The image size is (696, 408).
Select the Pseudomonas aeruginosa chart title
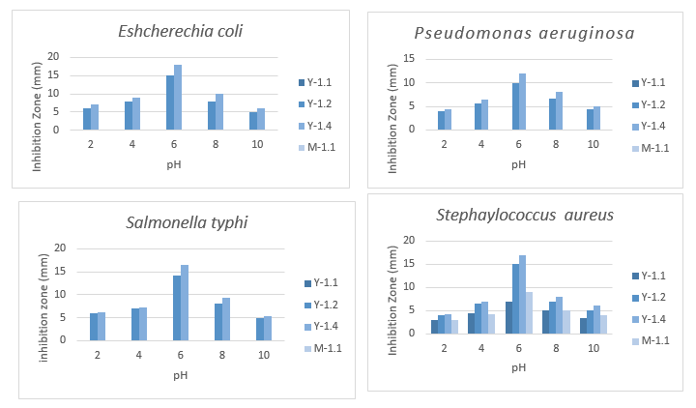coord(524,34)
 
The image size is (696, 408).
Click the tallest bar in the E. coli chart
coord(178,98)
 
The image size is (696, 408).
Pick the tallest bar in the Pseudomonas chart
coord(549,102)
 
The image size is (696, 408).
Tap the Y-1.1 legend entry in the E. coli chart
coord(324,58)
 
